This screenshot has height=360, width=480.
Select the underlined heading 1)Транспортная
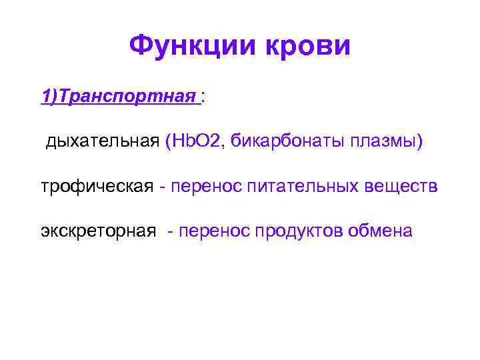(x=119, y=97)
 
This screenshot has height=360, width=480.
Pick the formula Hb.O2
(x=199, y=141)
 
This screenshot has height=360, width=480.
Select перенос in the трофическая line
(x=206, y=187)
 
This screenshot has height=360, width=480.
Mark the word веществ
(x=402, y=187)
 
